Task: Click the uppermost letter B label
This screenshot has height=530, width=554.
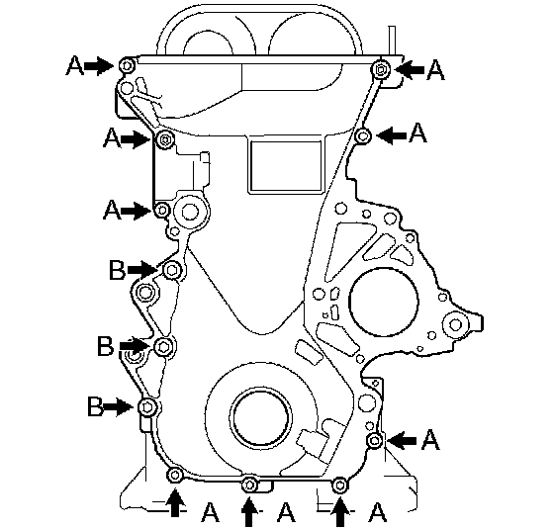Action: point(117,270)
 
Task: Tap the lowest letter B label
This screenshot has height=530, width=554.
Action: point(95,406)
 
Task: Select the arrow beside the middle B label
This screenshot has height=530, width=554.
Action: point(135,345)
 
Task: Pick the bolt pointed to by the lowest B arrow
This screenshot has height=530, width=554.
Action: point(147,407)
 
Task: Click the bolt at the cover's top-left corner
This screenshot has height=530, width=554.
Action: point(127,66)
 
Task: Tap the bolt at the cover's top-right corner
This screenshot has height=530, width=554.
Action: point(381,70)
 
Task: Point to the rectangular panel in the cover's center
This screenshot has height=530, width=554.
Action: point(286,166)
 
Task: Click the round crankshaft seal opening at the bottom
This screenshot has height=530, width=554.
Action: point(261,416)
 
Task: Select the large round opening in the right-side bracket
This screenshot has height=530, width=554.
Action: point(384,302)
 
